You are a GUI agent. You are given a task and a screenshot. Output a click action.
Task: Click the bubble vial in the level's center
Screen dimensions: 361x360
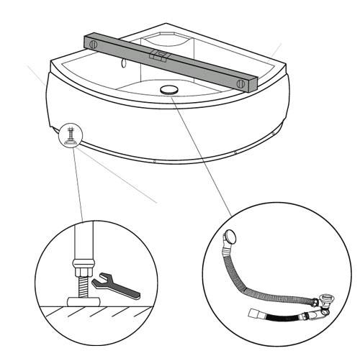tap(158, 55)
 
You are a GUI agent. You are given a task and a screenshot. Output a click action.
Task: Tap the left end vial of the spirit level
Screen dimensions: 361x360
tap(93, 44)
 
